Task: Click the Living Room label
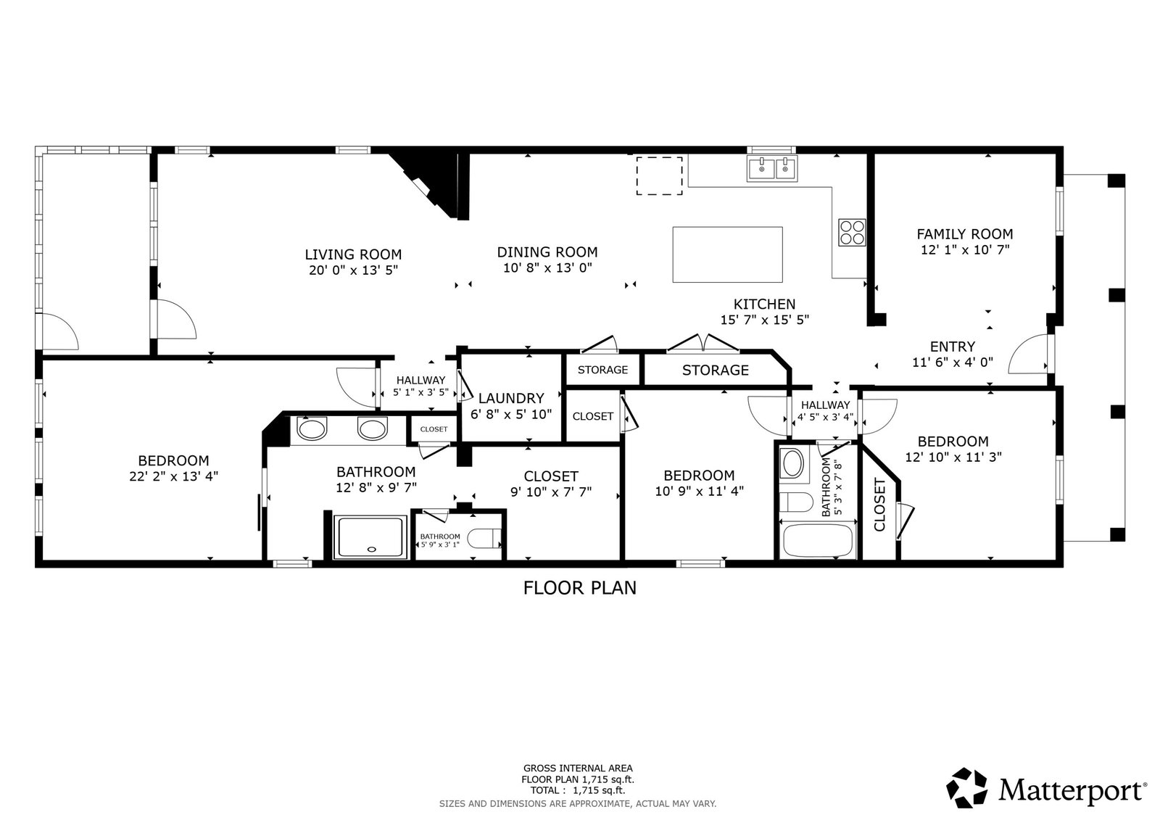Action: pyautogui.click(x=352, y=254)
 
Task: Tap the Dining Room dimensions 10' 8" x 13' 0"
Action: pyautogui.click(x=547, y=268)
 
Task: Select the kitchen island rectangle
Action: pyautogui.click(x=727, y=254)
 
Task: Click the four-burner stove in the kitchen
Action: pyautogui.click(x=852, y=232)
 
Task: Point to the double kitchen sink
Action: pyautogui.click(x=771, y=168)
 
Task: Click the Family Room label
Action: pyautogui.click(x=965, y=234)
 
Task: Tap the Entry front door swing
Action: pyautogui.click(x=1027, y=355)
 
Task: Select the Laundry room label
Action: pyautogui.click(x=511, y=398)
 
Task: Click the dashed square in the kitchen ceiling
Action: pyautogui.click(x=659, y=175)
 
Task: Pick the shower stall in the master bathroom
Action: pyautogui.click(x=370, y=537)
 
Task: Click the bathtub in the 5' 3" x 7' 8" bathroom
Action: pyautogui.click(x=818, y=540)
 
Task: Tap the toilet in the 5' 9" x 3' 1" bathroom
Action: pyautogui.click(x=484, y=538)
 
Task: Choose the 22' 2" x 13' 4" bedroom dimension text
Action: pyautogui.click(x=173, y=476)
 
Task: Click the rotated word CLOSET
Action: pyautogui.click(x=880, y=505)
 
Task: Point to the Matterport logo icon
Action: pyautogui.click(x=966, y=788)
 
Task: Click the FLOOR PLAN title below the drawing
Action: pyautogui.click(x=579, y=588)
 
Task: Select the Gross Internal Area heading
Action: pyautogui.click(x=578, y=769)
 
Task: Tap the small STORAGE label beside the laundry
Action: pyautogui.click(x=602, y=370)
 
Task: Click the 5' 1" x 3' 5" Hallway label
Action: pyautogui.click(x=420, y=386)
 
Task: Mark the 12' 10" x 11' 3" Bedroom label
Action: pyautogui.click(x=953, y=449)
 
